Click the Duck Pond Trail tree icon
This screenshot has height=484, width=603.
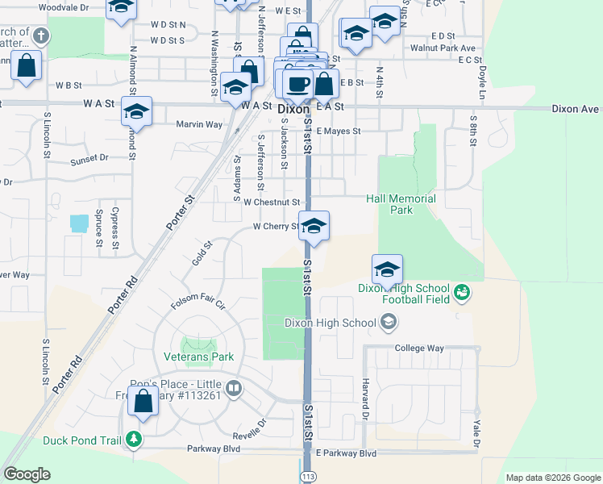134,440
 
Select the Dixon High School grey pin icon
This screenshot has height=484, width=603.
389,323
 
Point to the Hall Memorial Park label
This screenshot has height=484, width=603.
401,204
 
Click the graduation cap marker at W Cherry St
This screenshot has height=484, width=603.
314,227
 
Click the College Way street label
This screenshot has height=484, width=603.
419,348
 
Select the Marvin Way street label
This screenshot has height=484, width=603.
199,125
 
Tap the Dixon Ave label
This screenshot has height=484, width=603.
576,108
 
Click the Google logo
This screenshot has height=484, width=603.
27,474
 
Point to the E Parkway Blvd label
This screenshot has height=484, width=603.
347,454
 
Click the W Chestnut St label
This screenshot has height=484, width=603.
272,202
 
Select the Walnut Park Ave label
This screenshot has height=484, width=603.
443,48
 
